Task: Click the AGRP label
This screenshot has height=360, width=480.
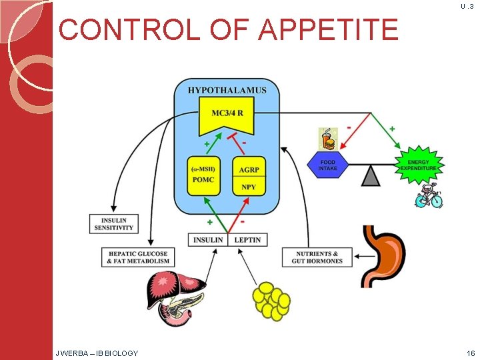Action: pos(249,169)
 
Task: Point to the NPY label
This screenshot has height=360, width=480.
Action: pos(249,187)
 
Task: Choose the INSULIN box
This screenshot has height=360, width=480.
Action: pos(209,239)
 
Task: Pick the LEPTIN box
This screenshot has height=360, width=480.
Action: pos(247,239)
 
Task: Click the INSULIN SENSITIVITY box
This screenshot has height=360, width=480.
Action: pos(113,223)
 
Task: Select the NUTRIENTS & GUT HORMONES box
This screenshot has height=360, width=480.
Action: pos(317,257)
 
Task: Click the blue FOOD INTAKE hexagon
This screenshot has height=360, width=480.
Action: pos(327,163)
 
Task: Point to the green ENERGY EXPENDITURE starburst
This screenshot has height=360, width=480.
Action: pos(418,164)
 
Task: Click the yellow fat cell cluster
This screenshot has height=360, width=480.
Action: pos(271,300)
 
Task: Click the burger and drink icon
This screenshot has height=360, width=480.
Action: pos(327,139)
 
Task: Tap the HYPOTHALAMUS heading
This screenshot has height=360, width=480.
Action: pos(227,90)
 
